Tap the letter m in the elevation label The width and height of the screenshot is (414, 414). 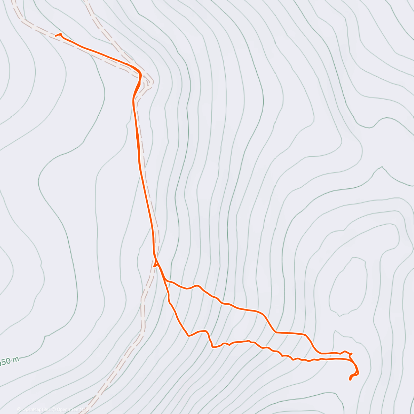click(x=16, y=360)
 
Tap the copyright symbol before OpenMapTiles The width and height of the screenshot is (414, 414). click(x=19, y=410)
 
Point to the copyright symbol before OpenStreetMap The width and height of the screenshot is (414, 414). click(x=53, y=410)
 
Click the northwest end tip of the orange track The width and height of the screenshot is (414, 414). click(x=56, y=35)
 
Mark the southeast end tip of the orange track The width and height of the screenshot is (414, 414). click(x=350, y=379)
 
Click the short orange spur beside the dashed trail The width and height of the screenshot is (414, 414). click(x=155, y=266)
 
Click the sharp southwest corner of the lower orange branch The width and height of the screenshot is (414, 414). click(x=188, y=335)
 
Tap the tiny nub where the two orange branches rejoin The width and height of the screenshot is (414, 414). click(x=351, y=354)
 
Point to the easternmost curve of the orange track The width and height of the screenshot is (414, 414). click(x=358, y=372)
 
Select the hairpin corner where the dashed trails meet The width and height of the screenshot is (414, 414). click(x=152, y=82)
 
